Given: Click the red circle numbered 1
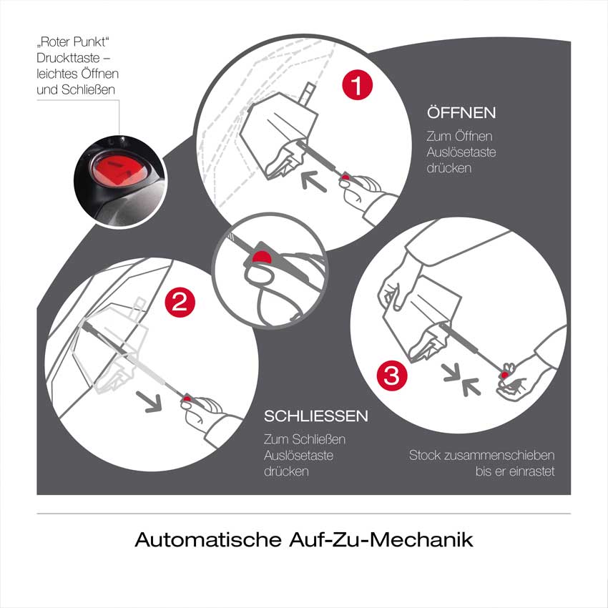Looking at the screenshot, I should coord(357,86).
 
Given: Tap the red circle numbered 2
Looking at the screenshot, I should coord(180,301).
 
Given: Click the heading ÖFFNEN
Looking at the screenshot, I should coord(461,114).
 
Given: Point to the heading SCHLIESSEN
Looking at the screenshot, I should coord(316,416).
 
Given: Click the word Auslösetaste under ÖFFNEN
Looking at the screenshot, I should coord(461,152).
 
